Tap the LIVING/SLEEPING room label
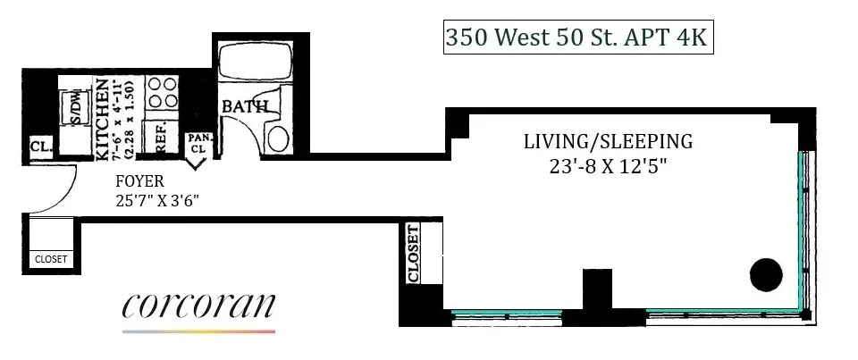tap(609, 141)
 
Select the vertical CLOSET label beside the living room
tap(413, 254)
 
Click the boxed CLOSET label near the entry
tap(50, 260)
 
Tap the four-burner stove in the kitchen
tap(161, 93)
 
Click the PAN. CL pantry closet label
tap(197, 144)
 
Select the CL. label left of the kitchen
tap(39, 147)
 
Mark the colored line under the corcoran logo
tap(198, 331)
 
